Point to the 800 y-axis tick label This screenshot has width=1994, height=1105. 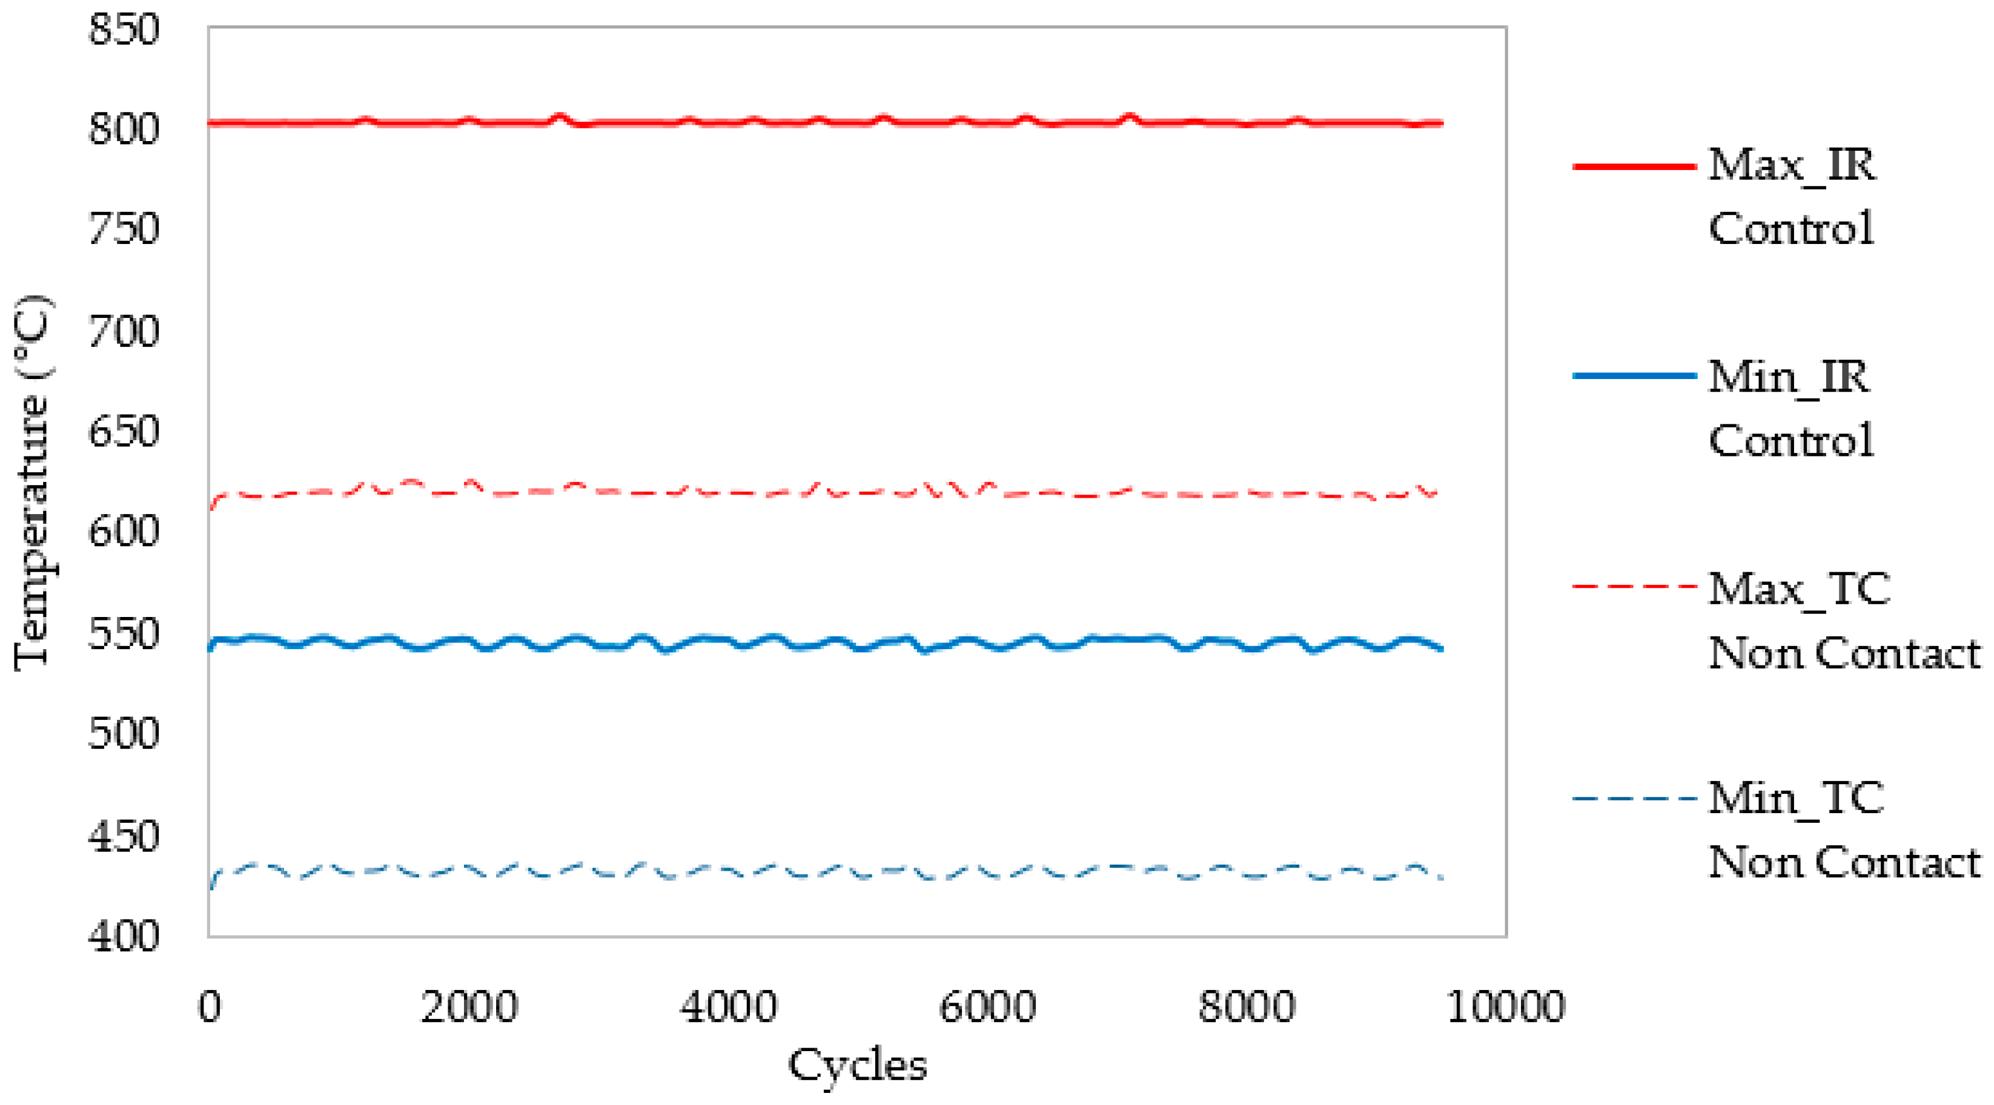point(124,128)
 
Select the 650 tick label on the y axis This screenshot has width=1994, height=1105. point(124,431)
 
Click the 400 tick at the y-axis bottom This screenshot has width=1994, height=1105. point(124,936)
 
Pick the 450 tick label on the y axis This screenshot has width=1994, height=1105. point(124,836)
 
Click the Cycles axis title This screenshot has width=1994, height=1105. point(857,1066)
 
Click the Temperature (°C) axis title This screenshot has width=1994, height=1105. point(33,481)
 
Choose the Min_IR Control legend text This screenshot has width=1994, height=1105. point(1792,409)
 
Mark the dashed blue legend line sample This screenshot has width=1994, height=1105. point(1635,798)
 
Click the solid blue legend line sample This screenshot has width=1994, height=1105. point(1635,376)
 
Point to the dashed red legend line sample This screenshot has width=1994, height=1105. point(1635,587)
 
